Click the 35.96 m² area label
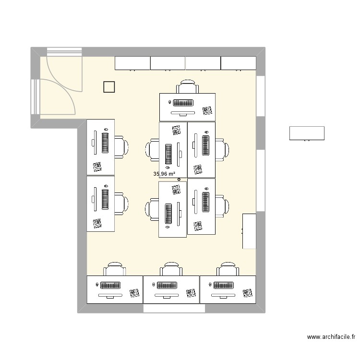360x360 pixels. click(x=164, y=174)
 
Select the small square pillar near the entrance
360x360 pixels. click(x=109, y=86)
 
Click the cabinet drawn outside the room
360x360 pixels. click(x=307, y=133)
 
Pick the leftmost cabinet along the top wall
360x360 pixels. click(x=132, y=62)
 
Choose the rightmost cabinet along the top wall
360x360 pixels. click(x=238, y=62)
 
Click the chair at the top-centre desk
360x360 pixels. click(x=187, y=87)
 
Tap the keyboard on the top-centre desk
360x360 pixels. click(x=183, y=102)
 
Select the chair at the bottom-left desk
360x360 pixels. click(x=115, y=269)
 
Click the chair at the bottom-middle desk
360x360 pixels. click(x=171, y=269)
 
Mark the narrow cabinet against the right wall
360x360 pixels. click(x=249, y=231)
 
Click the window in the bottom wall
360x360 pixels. click(x=171, y=309)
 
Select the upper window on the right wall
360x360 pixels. click(x=260, y=96)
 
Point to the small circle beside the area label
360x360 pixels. click(x=179, y=180)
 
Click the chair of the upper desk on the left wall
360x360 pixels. click(x=121, y=147)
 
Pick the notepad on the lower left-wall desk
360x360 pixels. click(x=97, y=223)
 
